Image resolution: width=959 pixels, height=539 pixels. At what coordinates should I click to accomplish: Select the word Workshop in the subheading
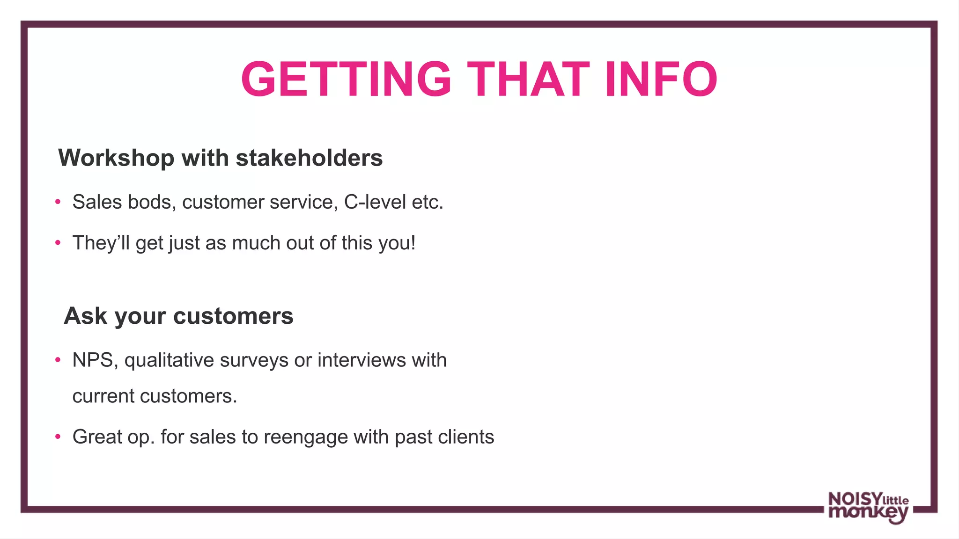[x=116, y=158]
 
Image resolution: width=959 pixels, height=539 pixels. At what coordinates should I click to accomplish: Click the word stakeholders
[x=309, y=158]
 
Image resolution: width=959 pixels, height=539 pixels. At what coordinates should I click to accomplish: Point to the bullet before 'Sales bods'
[x=58, y=202]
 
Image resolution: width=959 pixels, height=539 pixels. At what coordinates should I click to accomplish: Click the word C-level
[x=375, y=202]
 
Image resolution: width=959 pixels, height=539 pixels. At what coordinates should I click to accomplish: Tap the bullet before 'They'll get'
[x=58, y=243]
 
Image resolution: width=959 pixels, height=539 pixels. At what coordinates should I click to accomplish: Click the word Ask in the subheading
[x=85, y=316]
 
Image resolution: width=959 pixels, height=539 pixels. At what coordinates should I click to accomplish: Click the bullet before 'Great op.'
[x=58, y=437]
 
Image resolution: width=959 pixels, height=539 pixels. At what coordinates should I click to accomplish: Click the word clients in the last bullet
[x=465, y=437]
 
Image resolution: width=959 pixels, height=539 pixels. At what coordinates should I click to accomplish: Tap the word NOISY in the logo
[x=855, y=499]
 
